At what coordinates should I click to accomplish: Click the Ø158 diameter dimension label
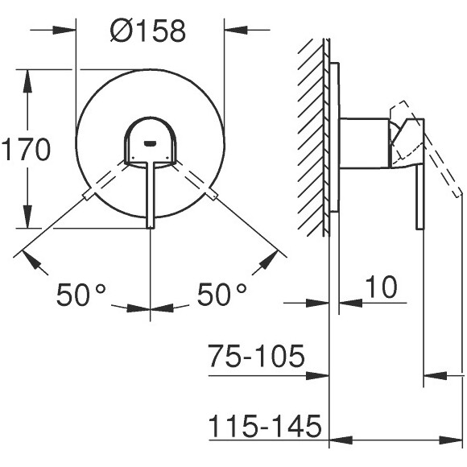tap(149, 31)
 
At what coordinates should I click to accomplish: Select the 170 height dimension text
tap(25, 150)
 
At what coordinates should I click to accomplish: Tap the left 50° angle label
tap(81, 295)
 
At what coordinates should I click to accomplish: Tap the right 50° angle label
tap(221, 295)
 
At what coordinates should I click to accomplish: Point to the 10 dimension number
tap(382, 287)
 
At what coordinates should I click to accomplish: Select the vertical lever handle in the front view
tap(151, 193)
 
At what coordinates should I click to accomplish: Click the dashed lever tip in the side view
tap(457, 192)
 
